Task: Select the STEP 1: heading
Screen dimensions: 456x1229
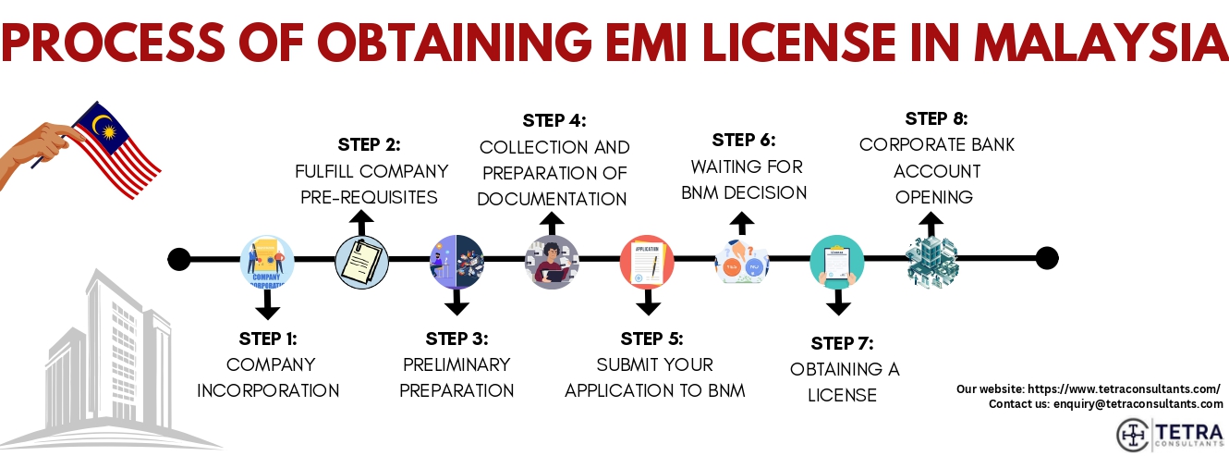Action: (x=267, y=339)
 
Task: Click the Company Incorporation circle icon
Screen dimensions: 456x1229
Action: (x=266, y=260)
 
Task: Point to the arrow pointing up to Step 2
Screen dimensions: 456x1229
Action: (x=361, y=222)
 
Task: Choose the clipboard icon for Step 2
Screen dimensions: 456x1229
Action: (x=361, y=262)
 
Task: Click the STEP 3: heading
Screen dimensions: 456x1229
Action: (x=456, y=339)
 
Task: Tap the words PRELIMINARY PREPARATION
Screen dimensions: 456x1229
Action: (x=456, y=377)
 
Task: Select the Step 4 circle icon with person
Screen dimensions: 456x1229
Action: (x=552, y=262)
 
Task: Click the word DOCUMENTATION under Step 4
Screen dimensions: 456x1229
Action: (x=553, y=199)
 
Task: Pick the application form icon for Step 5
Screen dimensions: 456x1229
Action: (x=648, y=261)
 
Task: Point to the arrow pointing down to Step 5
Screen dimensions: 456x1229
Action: (x=648, y=302)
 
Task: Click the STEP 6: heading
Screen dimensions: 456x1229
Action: (x=744, y=141)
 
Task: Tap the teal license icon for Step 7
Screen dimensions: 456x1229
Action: (x=837, y=262)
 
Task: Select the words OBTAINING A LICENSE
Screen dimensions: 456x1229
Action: (x=844, y=382)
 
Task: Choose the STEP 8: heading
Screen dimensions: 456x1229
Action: (x=936, y=118)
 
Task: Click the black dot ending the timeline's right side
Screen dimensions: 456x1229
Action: (x=1046, y=258)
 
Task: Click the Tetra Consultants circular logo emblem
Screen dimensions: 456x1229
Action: (x=1134, y=435)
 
